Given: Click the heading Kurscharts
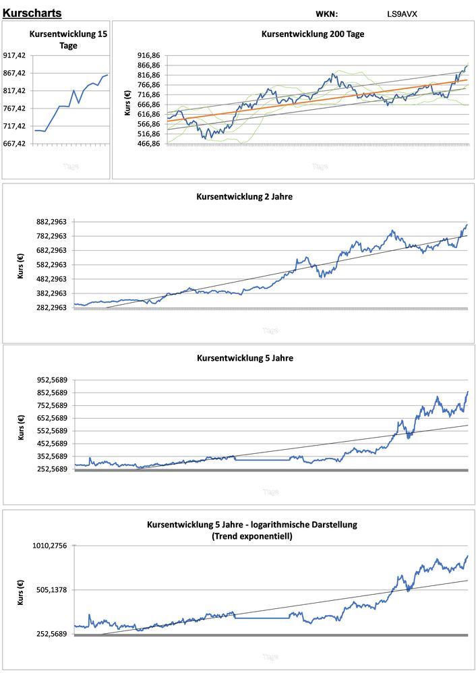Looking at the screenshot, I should (x=32, y=13).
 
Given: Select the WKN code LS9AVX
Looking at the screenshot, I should (x=403, y=13).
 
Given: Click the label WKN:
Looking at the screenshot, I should (x=326, y=13).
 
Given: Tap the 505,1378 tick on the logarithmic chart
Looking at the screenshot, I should (x=51, y=590).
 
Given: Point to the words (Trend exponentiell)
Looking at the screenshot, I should (x=251, y=536).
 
